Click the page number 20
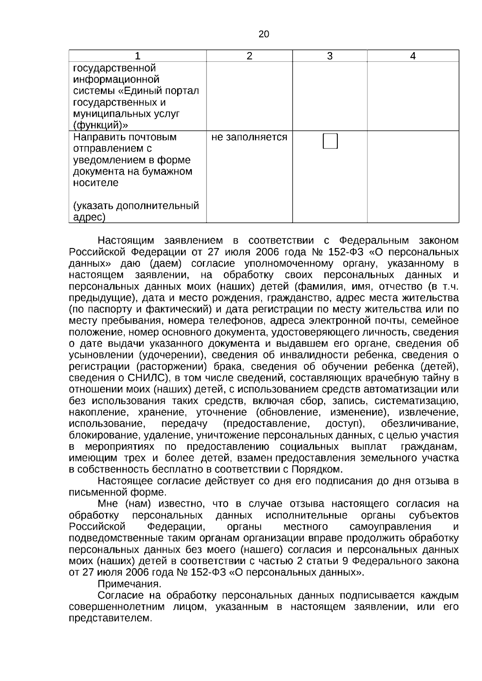[x=264, y=35]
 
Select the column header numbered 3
[x=329, y=56]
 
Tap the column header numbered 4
[x=413, y=56]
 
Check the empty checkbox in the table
[x=330, y=141]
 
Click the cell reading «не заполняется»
[x=249, y=137]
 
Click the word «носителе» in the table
[x=96, y=183]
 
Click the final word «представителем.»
[x=110, y=618]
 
